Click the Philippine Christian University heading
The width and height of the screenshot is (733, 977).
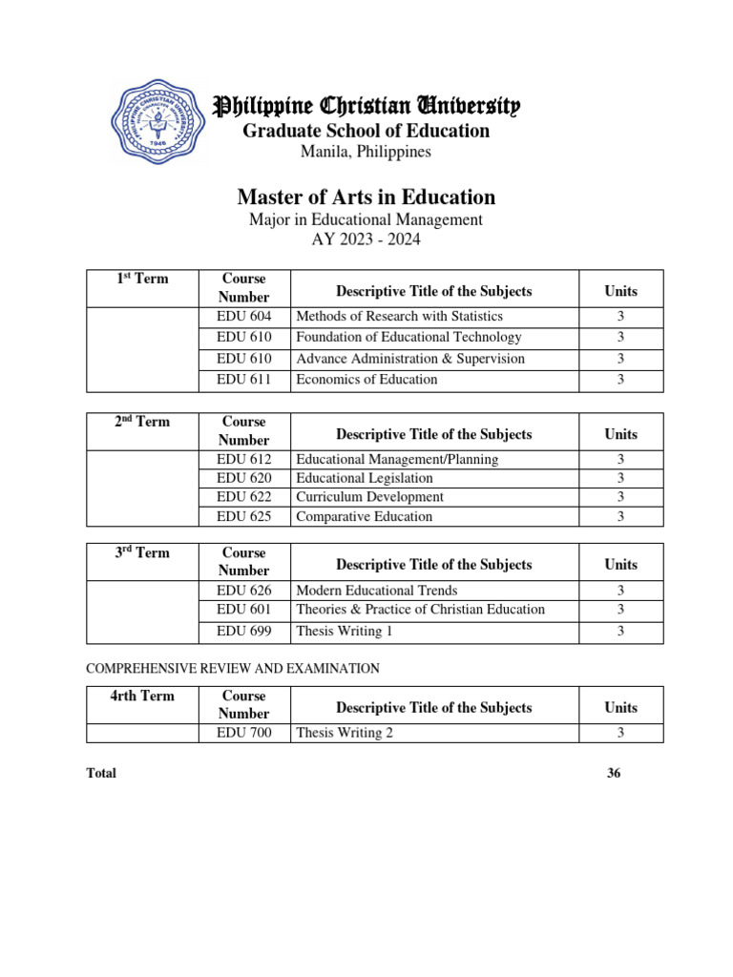click(x=366, y=106)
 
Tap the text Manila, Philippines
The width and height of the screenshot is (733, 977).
click(x=366, y=152)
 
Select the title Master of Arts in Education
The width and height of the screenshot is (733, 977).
click(x=366, y=197)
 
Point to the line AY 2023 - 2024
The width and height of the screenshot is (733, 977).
click(x=366, y=239)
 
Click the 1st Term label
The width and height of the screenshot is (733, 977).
click(x=142, y=279)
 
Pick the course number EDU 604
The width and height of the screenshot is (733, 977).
click(x=243, y=316)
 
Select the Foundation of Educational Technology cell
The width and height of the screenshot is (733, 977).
click(x=408, y=337)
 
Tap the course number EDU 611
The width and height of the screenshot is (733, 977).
click(x=243, y=380)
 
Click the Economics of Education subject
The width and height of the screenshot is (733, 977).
click(x=366, y=380)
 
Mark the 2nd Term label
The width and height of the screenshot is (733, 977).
click(x=142, y=422)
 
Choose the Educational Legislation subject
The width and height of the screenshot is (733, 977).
click(x=364, y=478)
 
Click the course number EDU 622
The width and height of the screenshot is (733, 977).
click(x=243, y=497)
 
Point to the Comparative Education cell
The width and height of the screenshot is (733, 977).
click(x=364, y=517)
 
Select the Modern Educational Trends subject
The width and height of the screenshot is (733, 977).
click(x=376, y=591)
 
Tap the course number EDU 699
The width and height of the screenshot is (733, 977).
click(x=243, y=632)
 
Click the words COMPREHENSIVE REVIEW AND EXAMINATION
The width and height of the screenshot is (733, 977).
click(x=233, y=669)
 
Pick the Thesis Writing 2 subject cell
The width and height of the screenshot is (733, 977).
click(x=345, y=733)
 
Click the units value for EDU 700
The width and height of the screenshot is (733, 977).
click(x=620, y=733)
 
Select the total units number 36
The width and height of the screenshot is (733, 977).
click(x=614, y=774)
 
